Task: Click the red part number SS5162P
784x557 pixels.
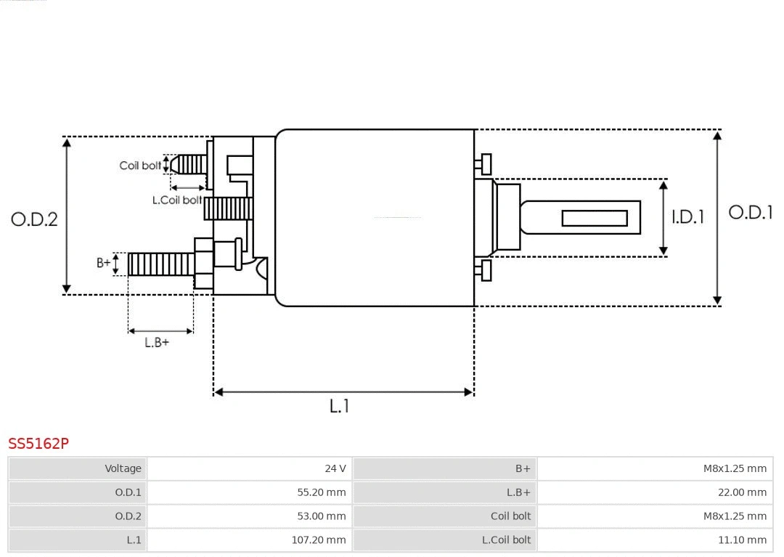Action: (x=38, y=443)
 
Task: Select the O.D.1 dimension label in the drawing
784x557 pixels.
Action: (x=750, y=212)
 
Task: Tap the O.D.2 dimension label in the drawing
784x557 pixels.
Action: (x=34, y=219)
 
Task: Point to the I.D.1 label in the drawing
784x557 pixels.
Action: (x=687, y=216)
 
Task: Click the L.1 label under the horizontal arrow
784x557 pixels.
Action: (x=340, y=406)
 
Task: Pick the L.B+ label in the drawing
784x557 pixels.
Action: (x=156, y=342)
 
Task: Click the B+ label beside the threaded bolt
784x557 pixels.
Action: (x=104, y=263)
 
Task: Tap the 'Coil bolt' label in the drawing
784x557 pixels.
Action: (x=140, y=166)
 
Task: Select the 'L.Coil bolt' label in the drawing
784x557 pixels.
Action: (x=177, y=200)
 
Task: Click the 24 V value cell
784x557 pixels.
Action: (x=335, y=468)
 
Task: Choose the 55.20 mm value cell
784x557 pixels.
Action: (x=321, y=492)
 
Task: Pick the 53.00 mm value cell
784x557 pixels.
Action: (x=321, y=516)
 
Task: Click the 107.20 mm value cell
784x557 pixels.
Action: (x=318, y=540)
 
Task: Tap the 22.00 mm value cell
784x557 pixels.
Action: (x=742, y=492)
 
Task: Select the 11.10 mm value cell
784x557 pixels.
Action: (x=742, y=540)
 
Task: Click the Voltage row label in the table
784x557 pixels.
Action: (x=123, y=468)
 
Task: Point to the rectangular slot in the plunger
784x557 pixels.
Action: (x=595, y=218)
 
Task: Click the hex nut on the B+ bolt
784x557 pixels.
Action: (x=204, y=263)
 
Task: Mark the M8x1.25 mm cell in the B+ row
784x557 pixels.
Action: (x=734, y=468)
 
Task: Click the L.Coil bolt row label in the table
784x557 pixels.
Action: (x=506, y=540)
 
